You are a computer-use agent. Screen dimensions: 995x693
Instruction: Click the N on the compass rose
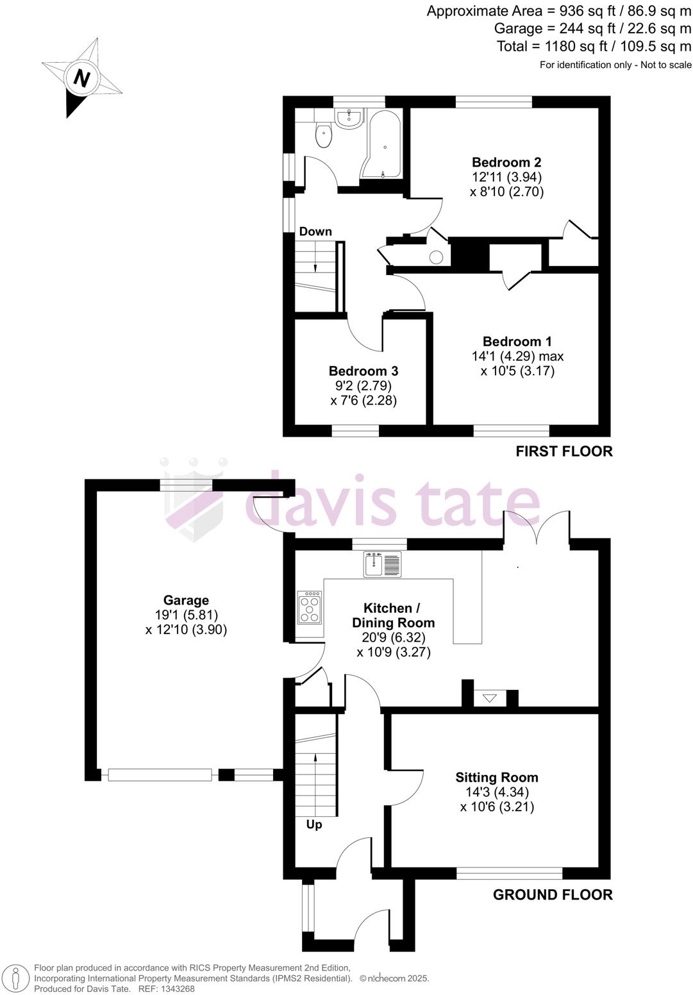(81, 78)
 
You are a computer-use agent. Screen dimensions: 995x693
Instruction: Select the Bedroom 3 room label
(363, 371)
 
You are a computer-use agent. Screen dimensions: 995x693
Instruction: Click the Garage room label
(186, 601)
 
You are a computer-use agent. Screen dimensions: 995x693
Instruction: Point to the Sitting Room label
(497, 778)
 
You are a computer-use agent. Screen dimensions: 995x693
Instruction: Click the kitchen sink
(383, 564)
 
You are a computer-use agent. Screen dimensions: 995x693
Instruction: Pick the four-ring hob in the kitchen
(310, 606)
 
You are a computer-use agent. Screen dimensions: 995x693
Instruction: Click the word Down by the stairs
(315, 231)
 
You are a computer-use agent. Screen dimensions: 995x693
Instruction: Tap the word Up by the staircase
(314, 824)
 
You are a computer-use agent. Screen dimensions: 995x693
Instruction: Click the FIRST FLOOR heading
(564, 451)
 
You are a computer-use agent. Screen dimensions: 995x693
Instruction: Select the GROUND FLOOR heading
(553, 895)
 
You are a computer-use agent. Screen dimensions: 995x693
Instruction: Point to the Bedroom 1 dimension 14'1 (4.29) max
(517, 356)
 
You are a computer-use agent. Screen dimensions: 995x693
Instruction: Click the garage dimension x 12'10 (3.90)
(186, 630)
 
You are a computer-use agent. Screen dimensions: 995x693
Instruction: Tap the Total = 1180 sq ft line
(594, 46)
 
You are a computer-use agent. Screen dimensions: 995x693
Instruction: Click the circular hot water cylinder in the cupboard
(436, 258)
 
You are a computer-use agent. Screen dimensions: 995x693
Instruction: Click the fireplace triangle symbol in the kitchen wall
(490, 698)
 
